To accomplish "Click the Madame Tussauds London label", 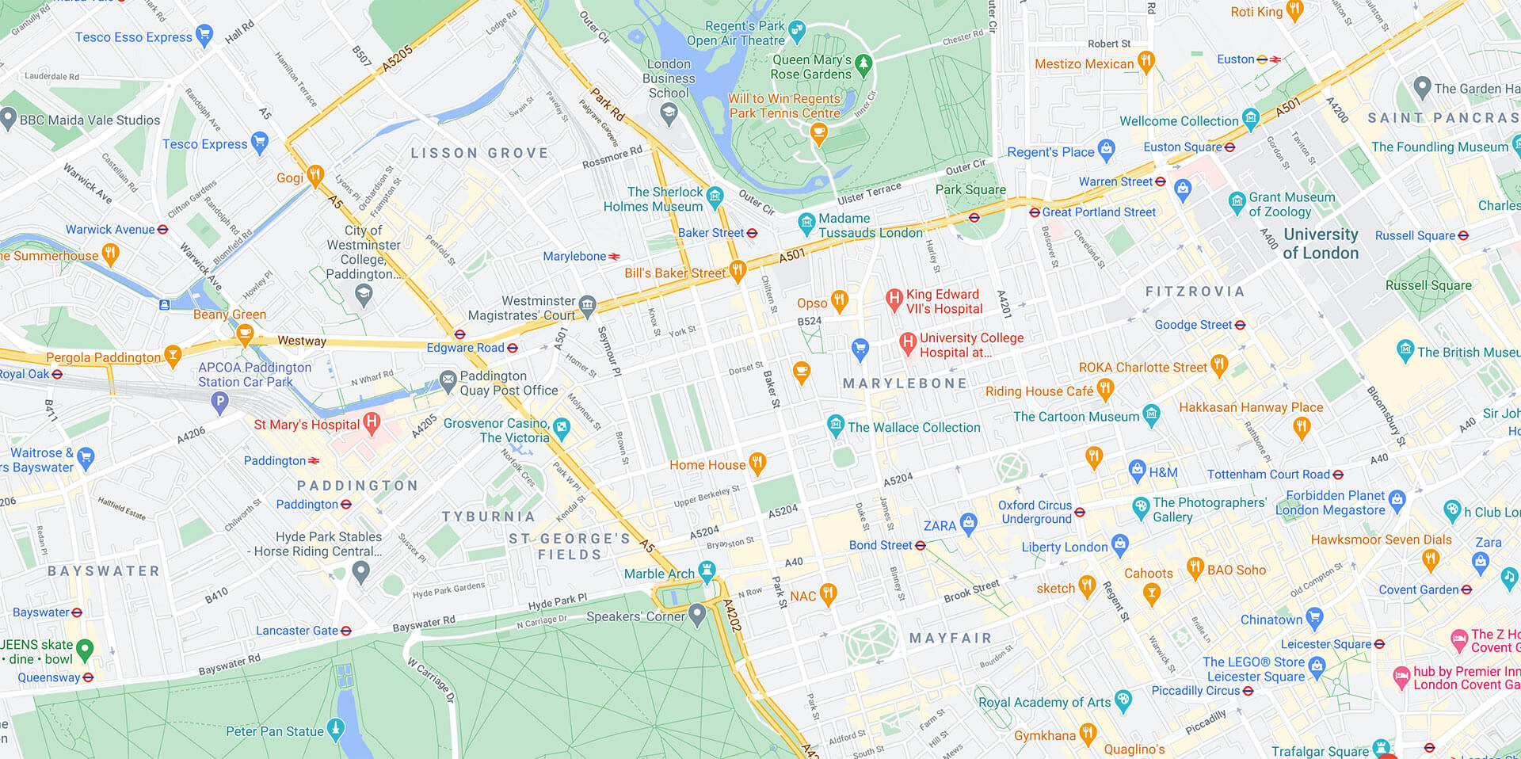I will coord(870,225).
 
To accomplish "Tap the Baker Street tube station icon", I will coord(752,233).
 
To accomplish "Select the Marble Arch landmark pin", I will coord(707,570).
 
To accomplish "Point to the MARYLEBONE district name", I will coord(905,383).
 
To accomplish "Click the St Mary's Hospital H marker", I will coord(372,422).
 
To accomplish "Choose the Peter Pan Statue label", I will coord(274,731).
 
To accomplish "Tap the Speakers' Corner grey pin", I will coord(697,614).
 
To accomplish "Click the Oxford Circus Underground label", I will coord(1035,512).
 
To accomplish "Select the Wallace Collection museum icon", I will coord(835,425).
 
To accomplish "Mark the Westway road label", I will coord(301,341).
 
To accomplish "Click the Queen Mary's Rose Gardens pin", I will coord(863,63).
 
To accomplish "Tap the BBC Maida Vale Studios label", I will coord(90,120).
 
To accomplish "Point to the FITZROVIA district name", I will coord(1195,292).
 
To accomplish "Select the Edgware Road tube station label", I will coord(465,348).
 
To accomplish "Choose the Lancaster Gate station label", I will coord(296,631).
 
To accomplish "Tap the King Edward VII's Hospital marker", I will coord(894,299).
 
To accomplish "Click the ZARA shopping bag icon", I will coord(968,522).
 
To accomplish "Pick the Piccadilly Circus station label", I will coord(1195,691).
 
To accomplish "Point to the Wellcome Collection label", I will coord(1178,121).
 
